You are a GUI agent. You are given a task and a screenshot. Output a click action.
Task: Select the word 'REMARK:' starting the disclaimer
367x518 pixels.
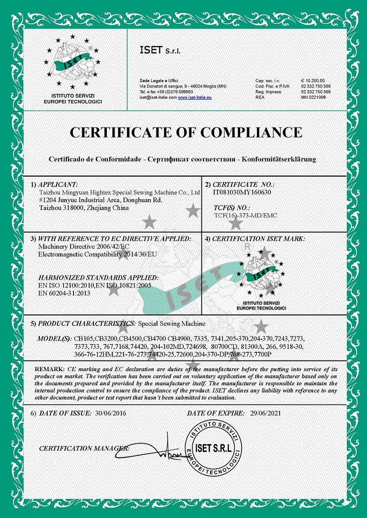49,368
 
